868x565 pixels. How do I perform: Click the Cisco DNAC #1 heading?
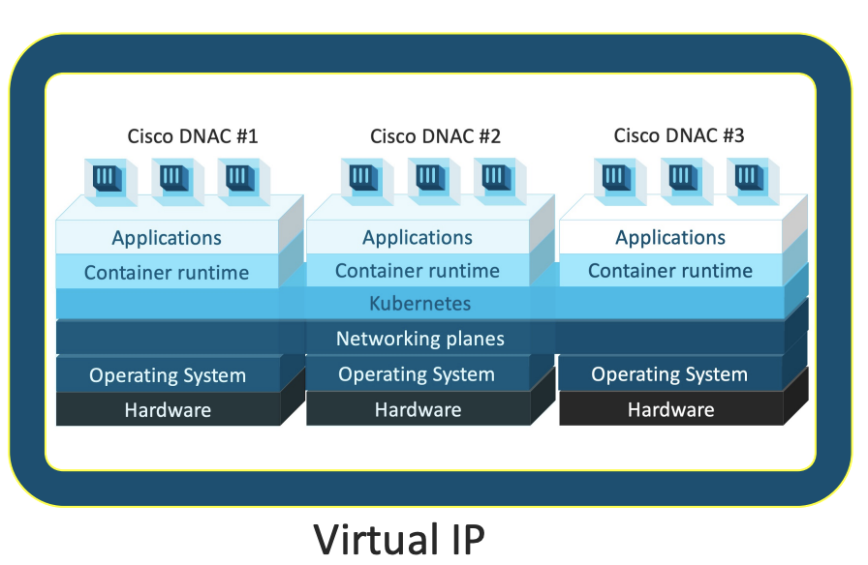[193, 136]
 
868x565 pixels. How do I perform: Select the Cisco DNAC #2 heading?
[435, 136]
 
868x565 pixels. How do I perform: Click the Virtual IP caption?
[398, 538]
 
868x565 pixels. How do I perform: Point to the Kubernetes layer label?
[419, 304]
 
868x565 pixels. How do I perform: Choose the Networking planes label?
[419, 340]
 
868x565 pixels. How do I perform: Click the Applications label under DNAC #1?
[167, 238]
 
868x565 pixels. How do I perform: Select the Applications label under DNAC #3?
[670, 238]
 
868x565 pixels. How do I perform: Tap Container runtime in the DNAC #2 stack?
[418, 271]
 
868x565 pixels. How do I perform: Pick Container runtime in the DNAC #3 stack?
[670, 271]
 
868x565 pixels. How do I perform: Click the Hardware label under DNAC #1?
[168, 410]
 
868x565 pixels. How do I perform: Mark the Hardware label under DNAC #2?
[418, 410]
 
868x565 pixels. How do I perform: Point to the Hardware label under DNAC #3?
[670, 410]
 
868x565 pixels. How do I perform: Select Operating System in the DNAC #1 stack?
[168, 375]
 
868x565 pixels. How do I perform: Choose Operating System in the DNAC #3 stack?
[669, 374]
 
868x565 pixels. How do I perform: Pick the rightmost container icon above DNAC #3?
[747, 177]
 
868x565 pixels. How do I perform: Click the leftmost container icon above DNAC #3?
[614, 177]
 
